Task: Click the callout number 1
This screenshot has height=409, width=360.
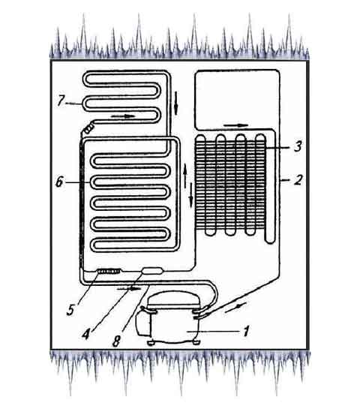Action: tap(245, 331)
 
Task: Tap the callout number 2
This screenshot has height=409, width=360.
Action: tap(298, 180)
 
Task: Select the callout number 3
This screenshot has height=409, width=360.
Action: tap(298, 146)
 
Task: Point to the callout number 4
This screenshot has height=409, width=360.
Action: tap(86, 334)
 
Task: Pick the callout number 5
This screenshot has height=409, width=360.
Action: tap(70, 310)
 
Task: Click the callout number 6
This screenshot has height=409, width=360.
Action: tap(59, 182)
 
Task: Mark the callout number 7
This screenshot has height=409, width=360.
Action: tap(61, 101)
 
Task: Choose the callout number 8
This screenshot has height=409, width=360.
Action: tap(116, 341)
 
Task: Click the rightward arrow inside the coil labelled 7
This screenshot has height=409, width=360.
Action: tap(124, 116)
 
